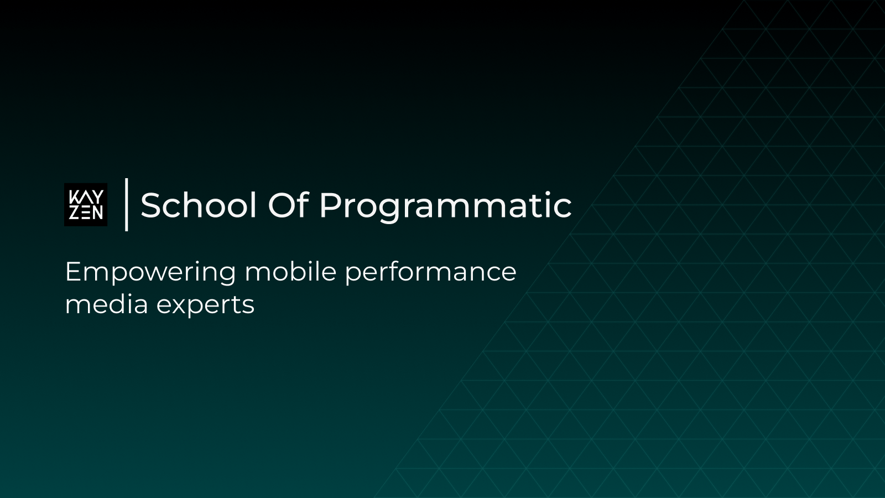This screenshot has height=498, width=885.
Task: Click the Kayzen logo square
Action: (86, 205)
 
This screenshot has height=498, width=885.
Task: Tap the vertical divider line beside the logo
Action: (127, 204)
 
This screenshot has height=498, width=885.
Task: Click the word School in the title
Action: (199, 205)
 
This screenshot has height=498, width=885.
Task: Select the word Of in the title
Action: (288, 205)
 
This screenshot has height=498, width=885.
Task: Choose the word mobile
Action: (290, 272)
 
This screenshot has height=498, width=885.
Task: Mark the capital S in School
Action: (151, 205)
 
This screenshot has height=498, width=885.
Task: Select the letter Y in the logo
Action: (97, 197)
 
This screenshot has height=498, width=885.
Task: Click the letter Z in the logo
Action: (74, 213)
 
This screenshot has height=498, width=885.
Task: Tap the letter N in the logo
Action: (98, 213)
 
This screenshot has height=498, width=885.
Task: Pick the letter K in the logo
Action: (73, 197)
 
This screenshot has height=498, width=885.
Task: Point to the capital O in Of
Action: (280, 205)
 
